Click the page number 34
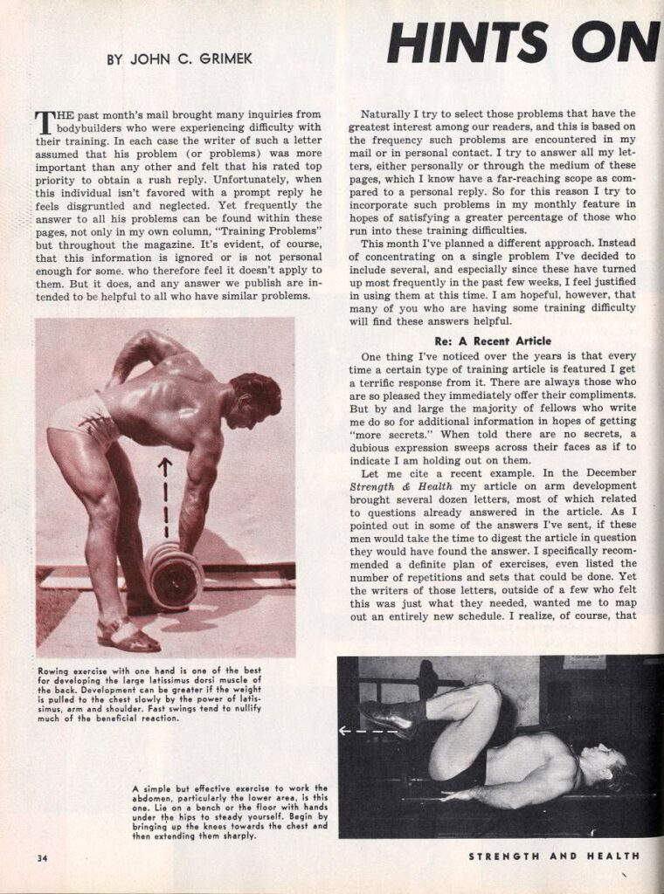click(x=41, y=856)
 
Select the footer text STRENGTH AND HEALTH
click(x=553, y=856)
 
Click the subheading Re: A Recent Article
click(x=492, y=340)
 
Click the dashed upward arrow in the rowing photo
click(x=163, y=499)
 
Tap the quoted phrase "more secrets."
click(x=385, y=423)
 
